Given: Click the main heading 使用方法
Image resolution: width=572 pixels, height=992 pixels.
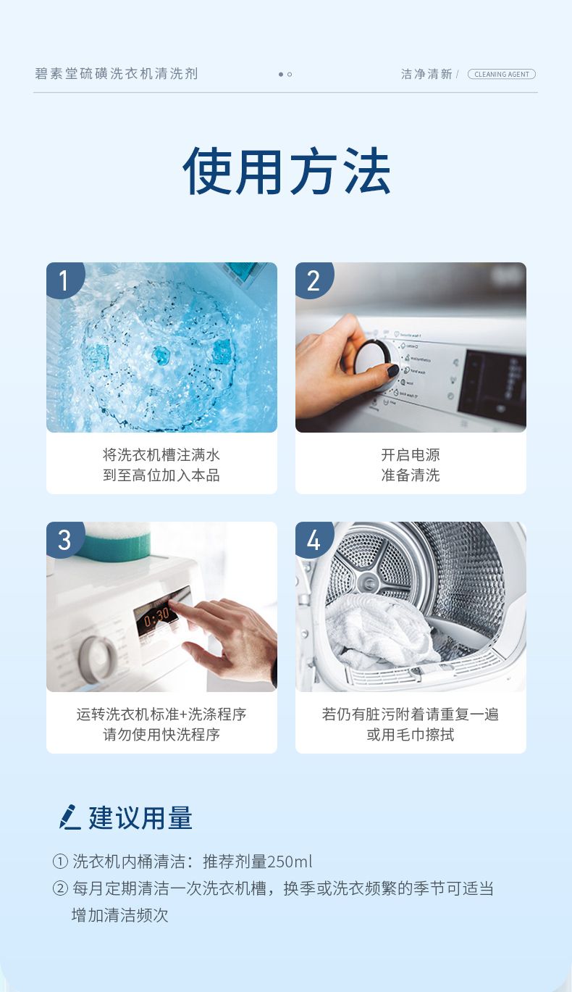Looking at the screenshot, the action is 286,171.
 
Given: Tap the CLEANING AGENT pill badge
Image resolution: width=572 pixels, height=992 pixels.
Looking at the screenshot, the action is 501,74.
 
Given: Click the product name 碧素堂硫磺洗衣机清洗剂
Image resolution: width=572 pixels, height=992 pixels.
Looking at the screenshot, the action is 117,73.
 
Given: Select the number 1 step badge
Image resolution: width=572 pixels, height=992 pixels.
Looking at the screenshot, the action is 64,280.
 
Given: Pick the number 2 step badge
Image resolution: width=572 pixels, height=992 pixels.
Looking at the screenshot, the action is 314,280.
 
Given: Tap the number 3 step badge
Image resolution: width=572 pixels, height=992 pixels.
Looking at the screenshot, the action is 64,539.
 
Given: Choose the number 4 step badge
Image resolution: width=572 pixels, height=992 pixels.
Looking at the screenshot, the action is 314,539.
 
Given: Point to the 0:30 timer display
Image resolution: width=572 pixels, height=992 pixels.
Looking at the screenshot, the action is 156,617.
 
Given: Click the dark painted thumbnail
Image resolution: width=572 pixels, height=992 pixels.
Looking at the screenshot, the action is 393,371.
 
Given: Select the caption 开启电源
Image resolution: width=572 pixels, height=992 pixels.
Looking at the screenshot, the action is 411,455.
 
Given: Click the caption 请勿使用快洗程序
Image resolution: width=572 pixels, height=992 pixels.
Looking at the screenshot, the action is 161,735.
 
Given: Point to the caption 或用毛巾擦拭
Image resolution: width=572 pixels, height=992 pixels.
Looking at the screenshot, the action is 411,735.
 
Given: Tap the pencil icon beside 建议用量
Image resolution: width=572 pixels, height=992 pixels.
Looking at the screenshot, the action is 70,817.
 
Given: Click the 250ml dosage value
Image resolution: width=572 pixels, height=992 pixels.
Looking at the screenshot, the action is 290,862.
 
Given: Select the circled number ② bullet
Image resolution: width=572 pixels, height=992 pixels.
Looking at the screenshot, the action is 60,888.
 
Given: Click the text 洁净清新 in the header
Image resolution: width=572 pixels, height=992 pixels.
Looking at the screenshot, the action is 426,74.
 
